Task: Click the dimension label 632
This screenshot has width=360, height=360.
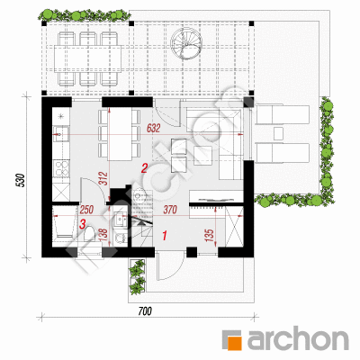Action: point(154,129)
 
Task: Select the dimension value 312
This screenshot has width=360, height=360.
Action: point(103,178)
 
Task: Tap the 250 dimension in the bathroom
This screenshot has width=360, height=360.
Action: point(86,210)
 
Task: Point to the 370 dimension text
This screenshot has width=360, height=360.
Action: point(170,210)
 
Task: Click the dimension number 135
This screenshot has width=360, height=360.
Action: point(210,236)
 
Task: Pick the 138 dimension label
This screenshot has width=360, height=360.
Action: point(103,236)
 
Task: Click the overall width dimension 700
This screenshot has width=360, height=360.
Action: point(145,311)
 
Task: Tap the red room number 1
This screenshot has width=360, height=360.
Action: point(164,236)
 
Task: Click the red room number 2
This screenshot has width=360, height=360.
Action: point(144,168)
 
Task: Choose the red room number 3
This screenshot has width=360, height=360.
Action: point(83,224)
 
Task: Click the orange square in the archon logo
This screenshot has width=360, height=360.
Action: point(236,344)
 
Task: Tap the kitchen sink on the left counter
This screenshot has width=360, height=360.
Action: point(61,133)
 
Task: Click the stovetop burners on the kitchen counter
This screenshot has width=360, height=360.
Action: point(61,168)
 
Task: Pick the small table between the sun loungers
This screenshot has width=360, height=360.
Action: point(278,133)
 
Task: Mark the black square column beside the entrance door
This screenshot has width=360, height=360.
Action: point(192,252)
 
